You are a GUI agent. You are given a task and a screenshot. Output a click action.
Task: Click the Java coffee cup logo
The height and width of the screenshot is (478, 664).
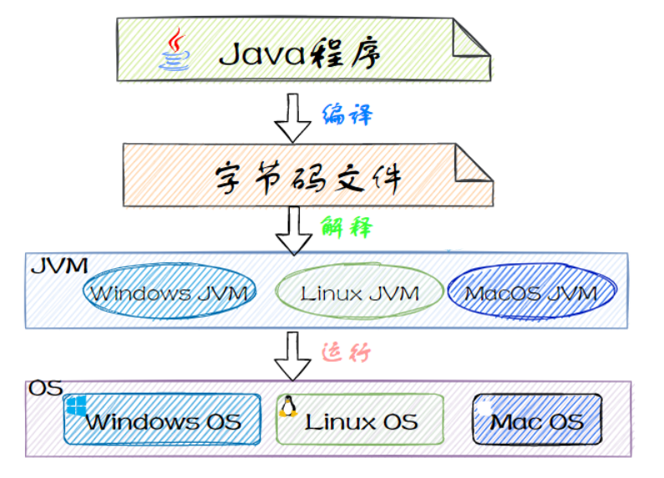(175, 51)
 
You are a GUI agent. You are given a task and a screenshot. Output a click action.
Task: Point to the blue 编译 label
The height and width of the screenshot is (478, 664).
(347, 114)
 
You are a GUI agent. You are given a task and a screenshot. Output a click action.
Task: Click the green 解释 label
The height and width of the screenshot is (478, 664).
(346, 226)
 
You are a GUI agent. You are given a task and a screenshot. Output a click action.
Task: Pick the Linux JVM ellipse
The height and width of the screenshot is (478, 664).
(359, 292)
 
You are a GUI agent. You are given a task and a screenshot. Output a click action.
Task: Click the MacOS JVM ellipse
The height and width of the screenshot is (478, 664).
(531, 292)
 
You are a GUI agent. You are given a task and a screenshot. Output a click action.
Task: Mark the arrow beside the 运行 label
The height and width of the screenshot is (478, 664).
(292, 355)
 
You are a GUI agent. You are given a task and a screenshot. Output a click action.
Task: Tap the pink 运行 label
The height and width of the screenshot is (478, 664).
(346, 352)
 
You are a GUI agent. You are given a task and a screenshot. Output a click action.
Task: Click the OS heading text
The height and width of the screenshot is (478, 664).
(46, 389)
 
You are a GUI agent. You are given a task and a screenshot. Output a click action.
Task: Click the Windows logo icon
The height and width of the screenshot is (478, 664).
(77, 407)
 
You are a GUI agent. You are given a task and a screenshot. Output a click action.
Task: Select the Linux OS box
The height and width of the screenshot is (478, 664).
(360, 420)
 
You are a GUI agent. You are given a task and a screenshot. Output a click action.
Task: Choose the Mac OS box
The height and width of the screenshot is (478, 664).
(536, 420)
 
